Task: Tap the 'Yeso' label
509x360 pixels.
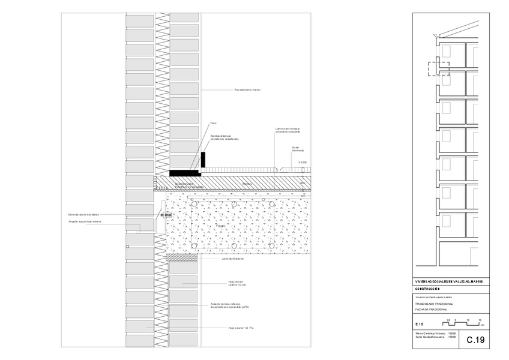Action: [213, 124]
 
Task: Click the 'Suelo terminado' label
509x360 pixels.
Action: [298, 148]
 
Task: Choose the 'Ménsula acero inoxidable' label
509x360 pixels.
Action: [83, 214]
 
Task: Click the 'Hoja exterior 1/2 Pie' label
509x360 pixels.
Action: [242, 328]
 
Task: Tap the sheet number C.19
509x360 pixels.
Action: [475, 340]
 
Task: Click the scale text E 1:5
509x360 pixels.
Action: [419, 325]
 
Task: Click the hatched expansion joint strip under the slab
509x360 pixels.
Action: [183, 258]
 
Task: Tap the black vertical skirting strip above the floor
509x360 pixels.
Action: [203, 160]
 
